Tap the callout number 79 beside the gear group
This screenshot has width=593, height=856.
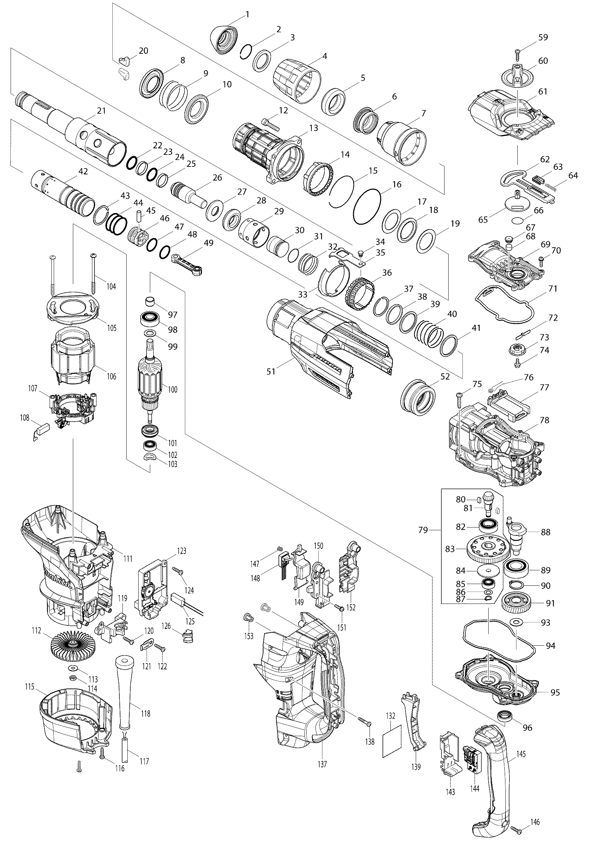point(423,530)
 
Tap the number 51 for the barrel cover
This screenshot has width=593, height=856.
point(271,371)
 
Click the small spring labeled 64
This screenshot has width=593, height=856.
point(553,186)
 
